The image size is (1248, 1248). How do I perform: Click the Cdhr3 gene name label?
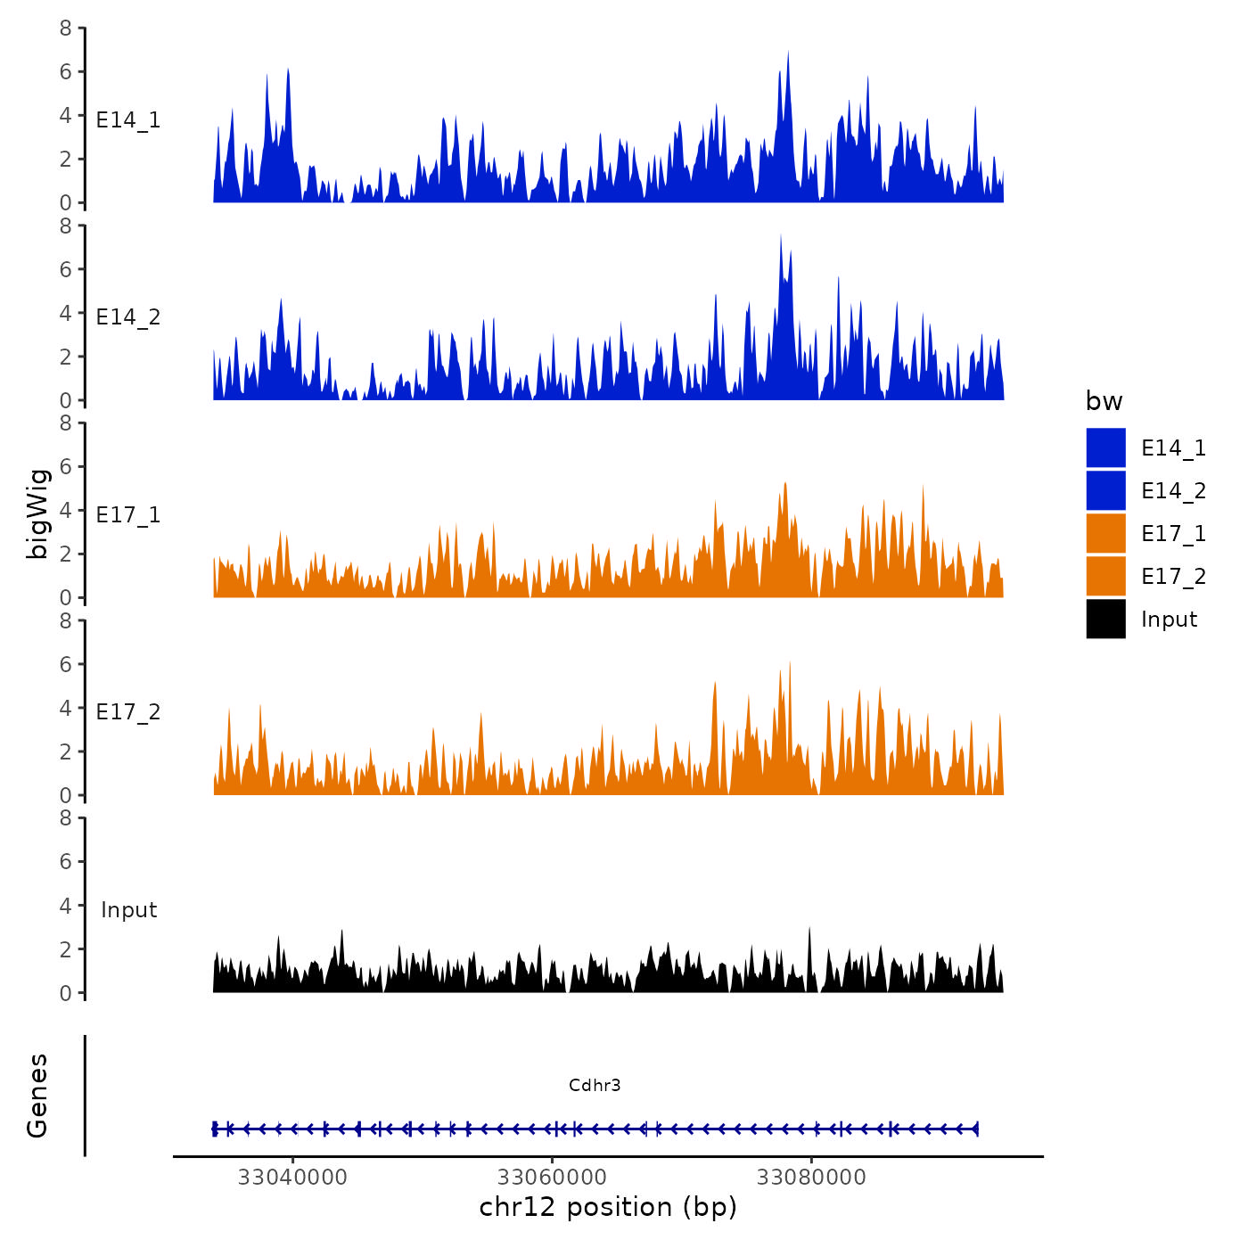click(595, 1085)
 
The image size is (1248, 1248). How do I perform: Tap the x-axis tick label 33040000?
click(292, 1178)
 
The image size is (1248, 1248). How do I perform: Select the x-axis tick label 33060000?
click(553, 1178)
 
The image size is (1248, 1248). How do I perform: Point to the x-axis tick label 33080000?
click(811, 1178)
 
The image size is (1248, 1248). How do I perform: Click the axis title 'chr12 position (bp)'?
click(608, 1207)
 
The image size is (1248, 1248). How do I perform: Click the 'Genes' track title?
click(37, 1096)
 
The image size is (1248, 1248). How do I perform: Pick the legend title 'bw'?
click(1104, 401)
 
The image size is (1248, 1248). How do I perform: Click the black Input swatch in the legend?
click(1105, 619)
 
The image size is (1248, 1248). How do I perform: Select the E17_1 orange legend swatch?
click(1105, 533)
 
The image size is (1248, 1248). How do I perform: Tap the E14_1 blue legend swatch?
click(1105, 447)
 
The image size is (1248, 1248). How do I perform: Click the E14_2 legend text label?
click(1173, 490)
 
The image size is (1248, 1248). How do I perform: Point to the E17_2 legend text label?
click(1173, 576)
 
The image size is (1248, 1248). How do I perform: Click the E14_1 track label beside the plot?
click(128, 119)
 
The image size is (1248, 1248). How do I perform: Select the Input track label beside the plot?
click(128, 909)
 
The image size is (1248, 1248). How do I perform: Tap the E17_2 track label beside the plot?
click(128, 711)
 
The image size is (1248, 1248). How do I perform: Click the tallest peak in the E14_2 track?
click(781, 237)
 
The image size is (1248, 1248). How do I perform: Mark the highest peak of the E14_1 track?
click(788, 53)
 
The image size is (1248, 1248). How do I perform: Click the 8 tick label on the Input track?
click(65, 817)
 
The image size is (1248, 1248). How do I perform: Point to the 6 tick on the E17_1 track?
click(65, 466)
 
